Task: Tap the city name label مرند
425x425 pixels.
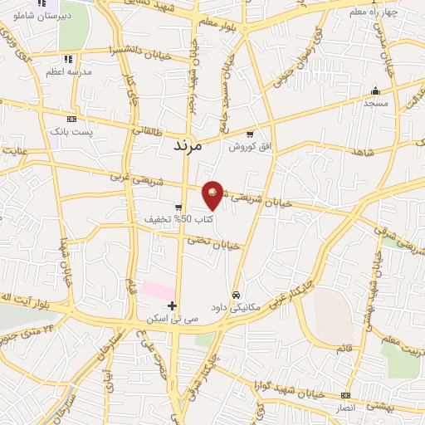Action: (x=187, y=144)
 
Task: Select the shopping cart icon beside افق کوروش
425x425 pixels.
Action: (x=250, y=134)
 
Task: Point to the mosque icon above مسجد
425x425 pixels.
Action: (x=376, y=91)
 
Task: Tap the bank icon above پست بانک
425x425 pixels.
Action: (x=71, y=119)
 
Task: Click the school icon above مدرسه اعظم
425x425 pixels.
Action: (x=68, y=59)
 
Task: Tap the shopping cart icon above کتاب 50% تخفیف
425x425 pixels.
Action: (x=178, y=208)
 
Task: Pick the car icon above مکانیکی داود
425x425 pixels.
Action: (x=237, y=295)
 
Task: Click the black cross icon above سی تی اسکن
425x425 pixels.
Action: (x=173, y=306)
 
